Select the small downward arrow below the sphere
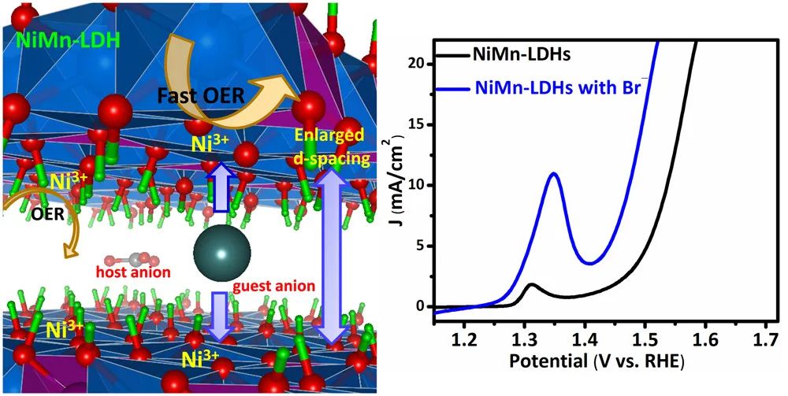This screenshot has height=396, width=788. click(220, 314)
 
